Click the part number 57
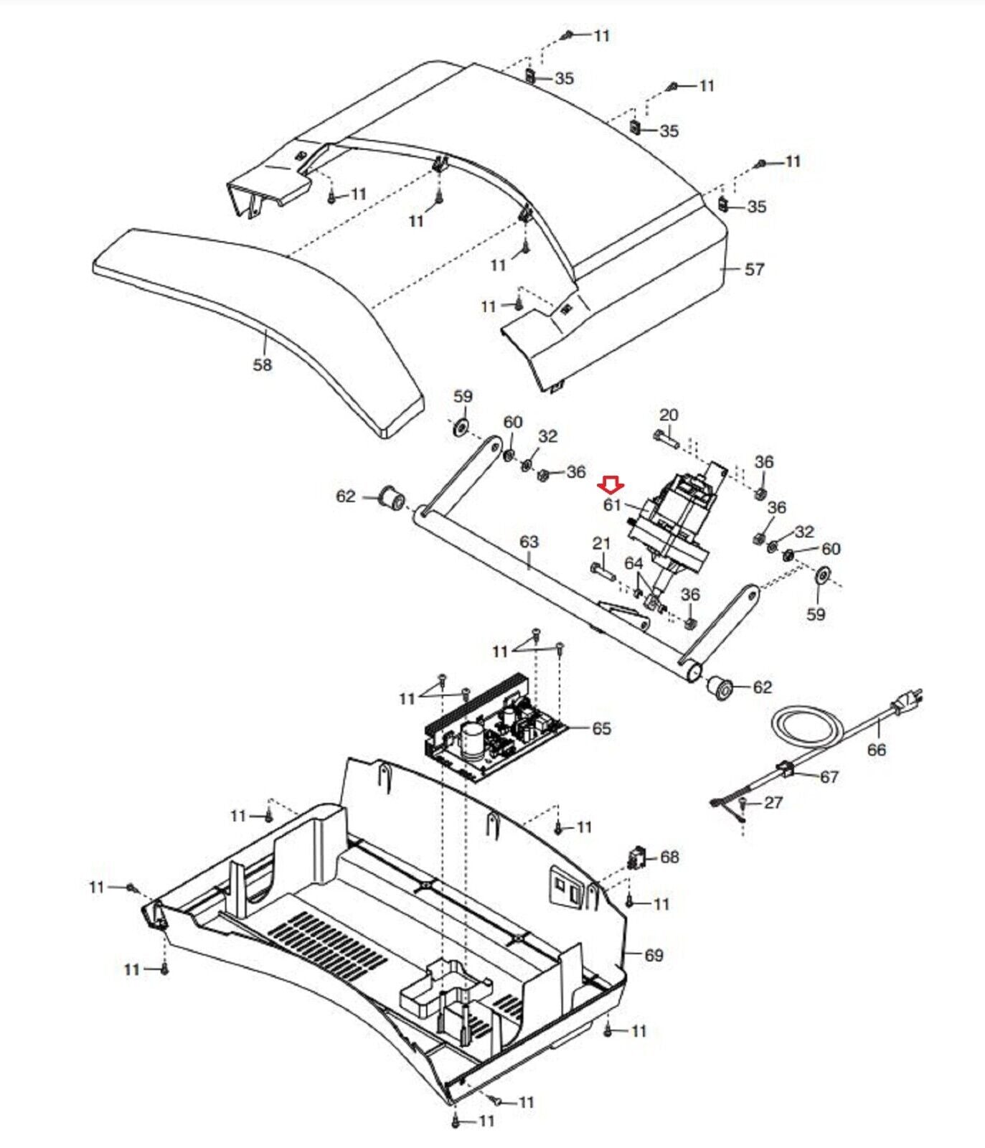tap(754, 269)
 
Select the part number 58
tap(263, 364)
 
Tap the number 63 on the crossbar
tap(529, 542)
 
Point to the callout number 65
tap(601, 728)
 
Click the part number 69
tap(654, 955)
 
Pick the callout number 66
tap(877, 750)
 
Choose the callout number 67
tap(829, 776)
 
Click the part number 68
tap(669, 857)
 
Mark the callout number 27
tap(773, 802)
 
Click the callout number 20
tap(669, 415)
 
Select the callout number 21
tap(601, 544)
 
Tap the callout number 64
tap(633, 564)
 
